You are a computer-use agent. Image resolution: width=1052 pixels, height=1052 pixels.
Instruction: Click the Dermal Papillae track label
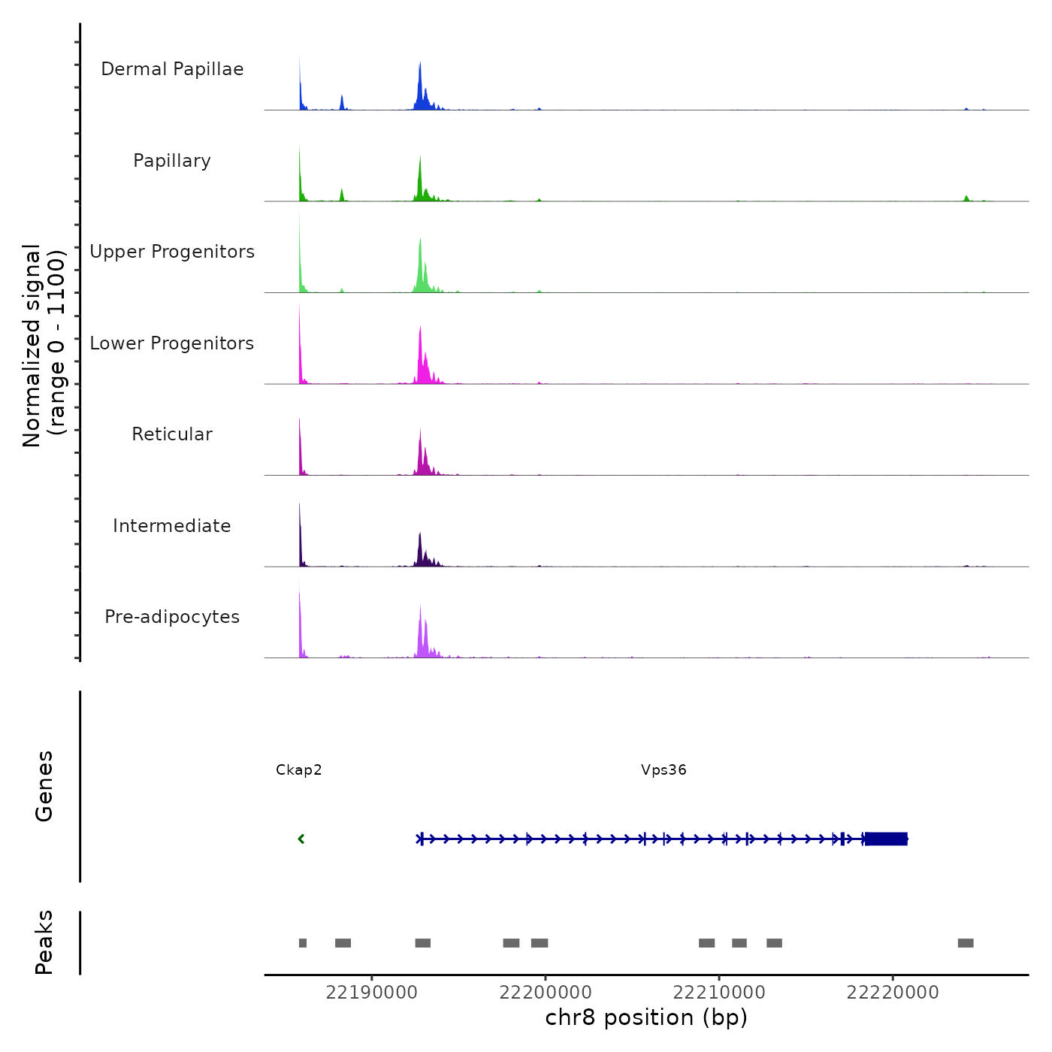[x=172, y=69]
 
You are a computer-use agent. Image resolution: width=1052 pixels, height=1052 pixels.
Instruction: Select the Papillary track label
[x=172, y=161]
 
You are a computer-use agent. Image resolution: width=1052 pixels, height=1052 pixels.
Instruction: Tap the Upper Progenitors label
[x=172, y=252]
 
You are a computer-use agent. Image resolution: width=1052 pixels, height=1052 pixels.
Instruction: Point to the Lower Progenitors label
[x=172, y=343]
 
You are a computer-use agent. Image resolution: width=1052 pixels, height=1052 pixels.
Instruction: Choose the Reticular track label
[x=172, y=434]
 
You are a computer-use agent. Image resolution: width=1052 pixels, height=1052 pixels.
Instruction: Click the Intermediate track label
[x=172, y=526]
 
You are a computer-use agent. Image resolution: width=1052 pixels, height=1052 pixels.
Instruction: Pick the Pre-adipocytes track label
[x=172, y=617]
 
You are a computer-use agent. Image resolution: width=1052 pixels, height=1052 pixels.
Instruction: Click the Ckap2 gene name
[x=298, y=769]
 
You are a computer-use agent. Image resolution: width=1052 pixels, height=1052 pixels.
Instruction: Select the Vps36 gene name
[x=664, y=769]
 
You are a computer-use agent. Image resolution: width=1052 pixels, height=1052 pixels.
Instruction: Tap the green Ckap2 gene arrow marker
[x=301, y=839]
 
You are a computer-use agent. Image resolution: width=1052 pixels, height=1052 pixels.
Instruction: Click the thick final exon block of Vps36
[x=886, y=839]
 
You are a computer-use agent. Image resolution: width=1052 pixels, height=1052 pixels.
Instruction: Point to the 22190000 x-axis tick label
[x=371, y=993]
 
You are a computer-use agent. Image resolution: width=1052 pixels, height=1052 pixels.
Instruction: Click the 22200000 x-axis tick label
[x=546, y=993]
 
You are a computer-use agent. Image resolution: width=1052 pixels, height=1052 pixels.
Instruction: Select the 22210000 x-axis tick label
[x=719, y=993]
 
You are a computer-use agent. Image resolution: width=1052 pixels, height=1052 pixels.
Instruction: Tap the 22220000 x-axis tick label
[x=893, y=993]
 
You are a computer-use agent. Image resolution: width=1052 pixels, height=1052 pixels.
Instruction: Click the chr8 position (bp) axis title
[x=646, y=1017]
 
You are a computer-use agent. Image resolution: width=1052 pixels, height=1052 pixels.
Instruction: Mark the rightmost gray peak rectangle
[x=966, y=943]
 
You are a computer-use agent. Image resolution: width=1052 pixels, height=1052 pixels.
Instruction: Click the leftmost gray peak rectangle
[x=303, y=943]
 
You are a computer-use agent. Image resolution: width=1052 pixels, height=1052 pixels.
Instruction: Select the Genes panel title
[x=44, y=786]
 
